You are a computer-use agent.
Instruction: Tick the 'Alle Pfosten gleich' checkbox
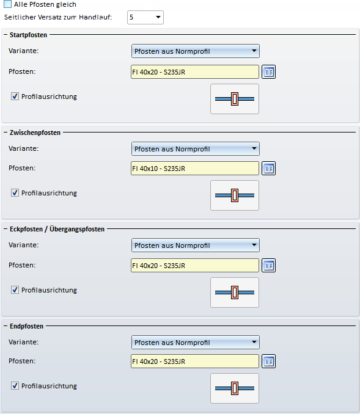tap(8, 4)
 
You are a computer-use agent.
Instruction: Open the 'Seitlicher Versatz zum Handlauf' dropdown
tap(145, 18)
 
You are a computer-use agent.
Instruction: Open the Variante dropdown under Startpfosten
tap(196, 51)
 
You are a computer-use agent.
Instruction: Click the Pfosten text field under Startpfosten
tap(195, 72)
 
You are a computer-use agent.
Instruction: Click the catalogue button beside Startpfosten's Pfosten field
tap(268, 72)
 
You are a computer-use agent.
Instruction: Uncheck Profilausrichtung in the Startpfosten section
tap(15, 96)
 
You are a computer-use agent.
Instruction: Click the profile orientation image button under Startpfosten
tap(235, 99)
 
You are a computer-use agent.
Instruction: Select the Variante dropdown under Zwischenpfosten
tap(196, 148)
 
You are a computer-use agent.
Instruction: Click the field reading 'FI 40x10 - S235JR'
tap(195, 168)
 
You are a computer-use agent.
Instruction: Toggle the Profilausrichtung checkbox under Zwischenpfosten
tap(15, 193)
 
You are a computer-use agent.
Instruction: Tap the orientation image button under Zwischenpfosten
tap(235, 195)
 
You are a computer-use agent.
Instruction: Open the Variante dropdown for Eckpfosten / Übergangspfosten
tap(196, 245)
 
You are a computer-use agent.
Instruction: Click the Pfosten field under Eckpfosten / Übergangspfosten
tap(195, 266)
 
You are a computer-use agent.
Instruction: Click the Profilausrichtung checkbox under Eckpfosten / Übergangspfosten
tap(15, 289)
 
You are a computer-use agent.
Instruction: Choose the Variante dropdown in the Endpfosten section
tap(196, 342)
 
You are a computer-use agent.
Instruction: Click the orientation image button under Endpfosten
tap(235, 388)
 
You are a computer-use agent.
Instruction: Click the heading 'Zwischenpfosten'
tap(35, 133)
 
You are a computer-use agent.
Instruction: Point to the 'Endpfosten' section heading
tap(26, 326)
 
